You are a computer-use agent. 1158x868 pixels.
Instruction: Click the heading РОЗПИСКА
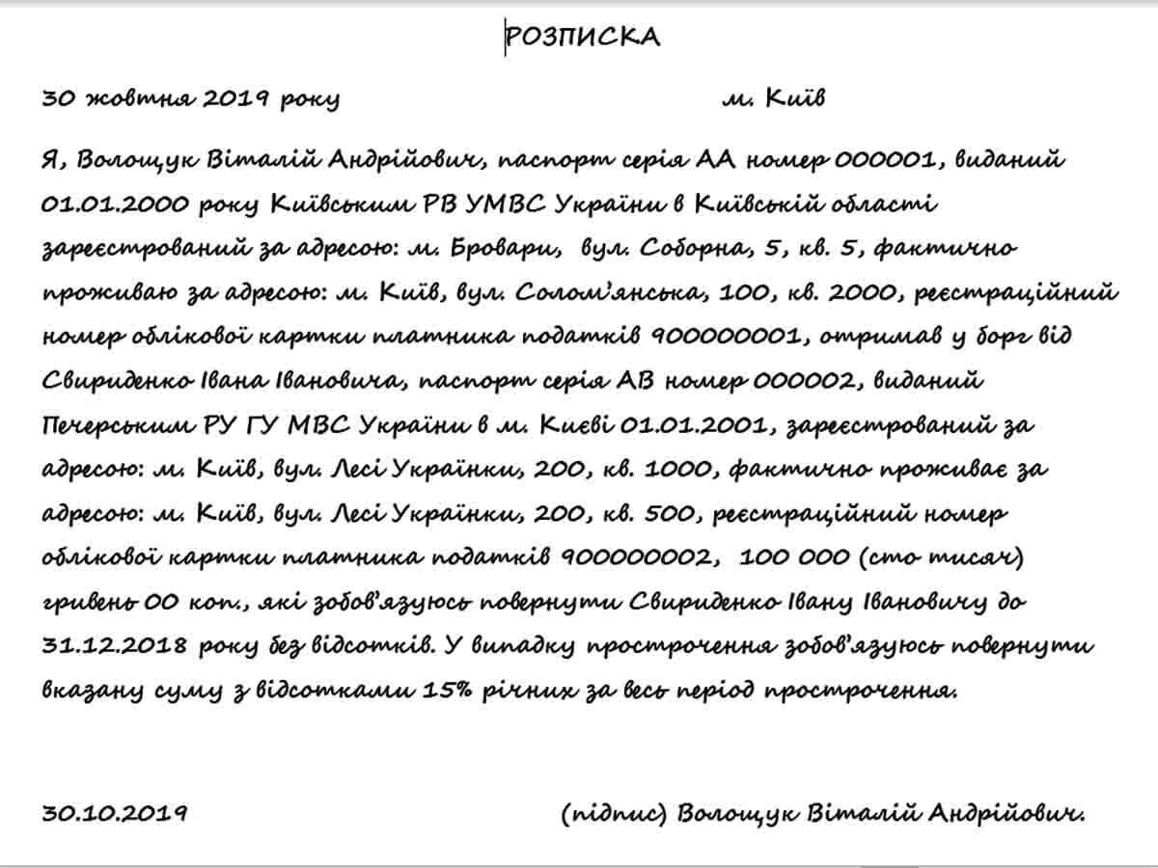582,37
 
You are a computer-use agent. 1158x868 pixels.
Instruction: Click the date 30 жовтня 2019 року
190,98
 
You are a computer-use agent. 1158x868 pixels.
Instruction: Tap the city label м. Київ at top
773,98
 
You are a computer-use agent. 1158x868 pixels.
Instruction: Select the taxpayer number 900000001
724,337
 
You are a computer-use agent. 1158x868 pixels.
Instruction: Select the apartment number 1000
679,470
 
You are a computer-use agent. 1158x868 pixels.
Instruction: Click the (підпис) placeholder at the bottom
614,813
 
